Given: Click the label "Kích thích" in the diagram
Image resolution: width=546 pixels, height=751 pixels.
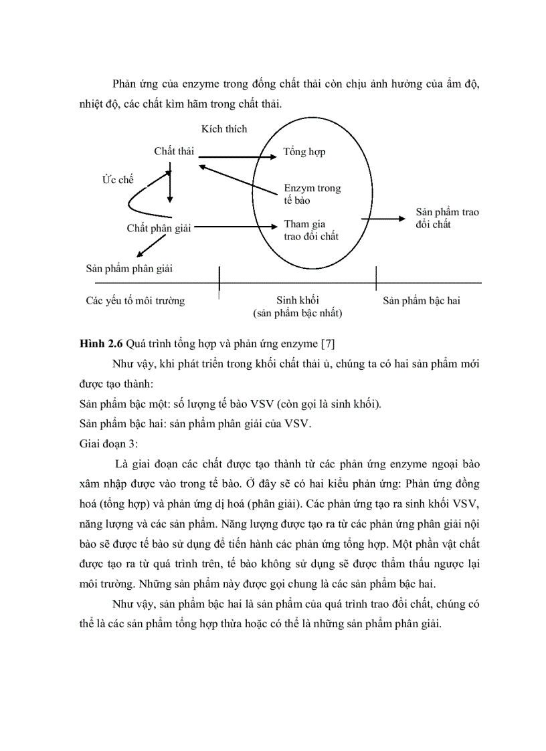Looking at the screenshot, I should pyautogui.click(x=224, y=128).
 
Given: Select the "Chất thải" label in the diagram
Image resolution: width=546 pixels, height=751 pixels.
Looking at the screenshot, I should pyautogui.click(x=174, y=151).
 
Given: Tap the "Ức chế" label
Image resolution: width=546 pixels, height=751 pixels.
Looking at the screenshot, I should pyautogui.click(x=118, y=180).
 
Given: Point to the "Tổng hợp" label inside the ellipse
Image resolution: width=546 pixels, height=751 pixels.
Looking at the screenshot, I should pyautogui.click(x=304, y=152).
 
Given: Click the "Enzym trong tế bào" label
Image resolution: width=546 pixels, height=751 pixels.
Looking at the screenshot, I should pyautogui.click(x=312, y=194).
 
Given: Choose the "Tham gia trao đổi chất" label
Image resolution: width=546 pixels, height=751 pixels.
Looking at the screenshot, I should pyautogui.click(x=311, y=230).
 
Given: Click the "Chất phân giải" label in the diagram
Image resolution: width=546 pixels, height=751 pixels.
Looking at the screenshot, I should pyautogui.click(x=159, y=228).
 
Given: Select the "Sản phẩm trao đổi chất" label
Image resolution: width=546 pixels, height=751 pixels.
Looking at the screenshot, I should pyautogui.click(x=447, y=218).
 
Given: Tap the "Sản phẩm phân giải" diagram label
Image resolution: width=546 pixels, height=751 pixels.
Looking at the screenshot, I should pyautogui.click(x=129, y=268).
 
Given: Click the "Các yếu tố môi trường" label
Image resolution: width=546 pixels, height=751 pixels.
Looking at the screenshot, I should pyautogui.click(x=135, y=300).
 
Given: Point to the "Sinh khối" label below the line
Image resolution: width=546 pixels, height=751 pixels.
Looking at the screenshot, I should pyautogui.click(x=297, y=300).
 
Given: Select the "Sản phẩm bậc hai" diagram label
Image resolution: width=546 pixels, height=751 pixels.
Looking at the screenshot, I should pyautogui.click(x=422, y=300).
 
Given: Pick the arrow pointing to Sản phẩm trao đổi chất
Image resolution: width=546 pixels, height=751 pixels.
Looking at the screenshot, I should pyautogui.click(x=383, y=218).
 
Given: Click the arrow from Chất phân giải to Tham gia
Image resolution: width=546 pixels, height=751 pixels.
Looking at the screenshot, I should pyautogui.click(x=236, y=227).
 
